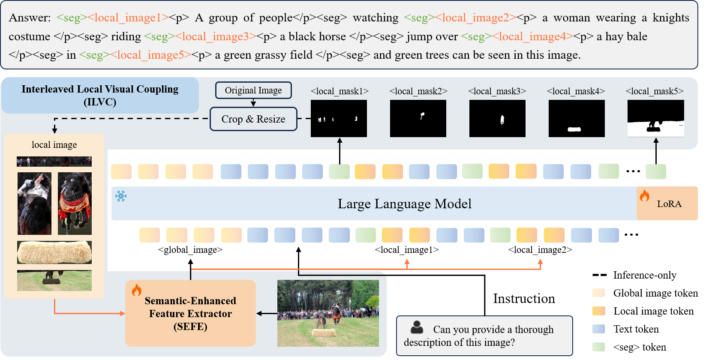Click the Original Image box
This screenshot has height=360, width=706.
[x=253, y=90]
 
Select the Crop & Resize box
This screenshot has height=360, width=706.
[x=253, y=119]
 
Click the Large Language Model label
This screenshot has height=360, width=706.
[x=404, y=204]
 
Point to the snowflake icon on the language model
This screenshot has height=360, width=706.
[x=121, y=196]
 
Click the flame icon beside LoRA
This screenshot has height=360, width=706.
[x=644, y=196]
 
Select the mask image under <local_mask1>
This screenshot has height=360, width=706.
[x=339, y=119]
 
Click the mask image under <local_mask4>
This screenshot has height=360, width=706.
[x=577, y=119]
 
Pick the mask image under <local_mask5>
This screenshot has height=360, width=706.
[x=655, y=119]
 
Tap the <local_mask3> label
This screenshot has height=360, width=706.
[x=497, y=91]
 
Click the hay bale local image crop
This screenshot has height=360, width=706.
[x=54, y=252]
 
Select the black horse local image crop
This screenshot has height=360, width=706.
[x=75, y=204]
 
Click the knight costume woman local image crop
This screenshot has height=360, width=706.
[x=34, y=204]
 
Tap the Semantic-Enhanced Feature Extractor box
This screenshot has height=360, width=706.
[x=190, y=313]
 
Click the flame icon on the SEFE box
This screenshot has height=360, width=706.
[x=136, y=290]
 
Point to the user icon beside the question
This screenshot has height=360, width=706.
[x=417, y=327]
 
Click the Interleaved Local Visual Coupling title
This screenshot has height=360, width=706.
[x=100, y=95]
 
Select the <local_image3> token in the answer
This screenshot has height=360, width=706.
[x=216, y=36]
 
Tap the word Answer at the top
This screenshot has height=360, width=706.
[x=29, y=18]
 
